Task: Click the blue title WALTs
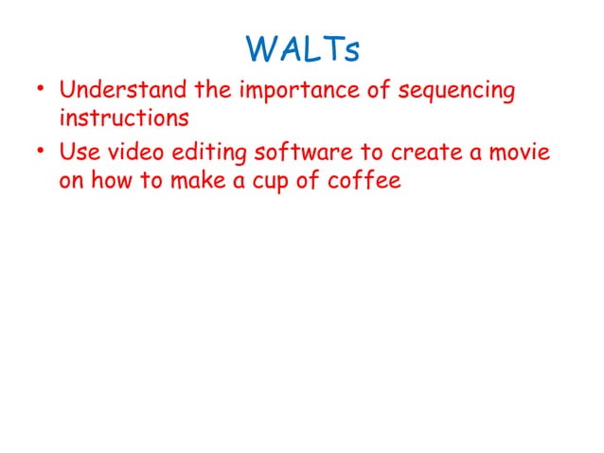click(x=302, y=49)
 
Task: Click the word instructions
click(x=123, y=119)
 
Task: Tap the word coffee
click(x=369, y=180)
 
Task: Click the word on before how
click(x=71, y=181)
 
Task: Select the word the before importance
click(x=217, y=92)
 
